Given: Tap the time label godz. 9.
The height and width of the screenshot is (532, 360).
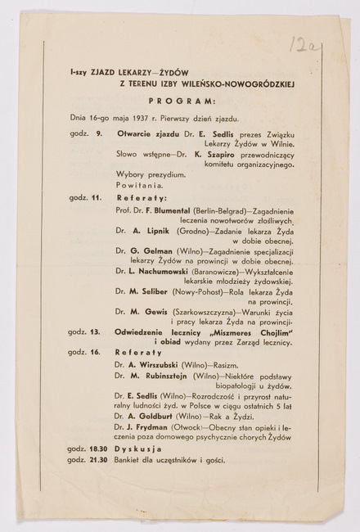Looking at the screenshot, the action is (x=82, y=133).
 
